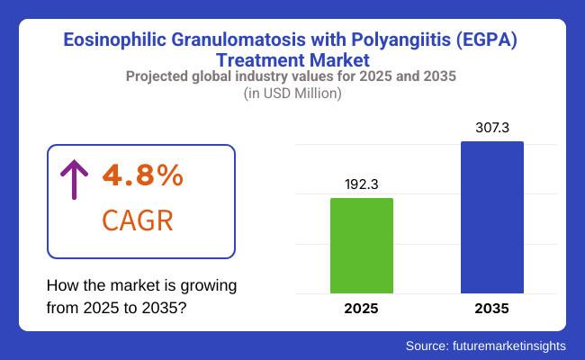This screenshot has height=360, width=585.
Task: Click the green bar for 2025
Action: click(x=362, y=246)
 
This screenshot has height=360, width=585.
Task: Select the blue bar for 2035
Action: click(x=492, y=217)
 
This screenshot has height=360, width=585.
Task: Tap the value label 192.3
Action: click(x=362, y=184)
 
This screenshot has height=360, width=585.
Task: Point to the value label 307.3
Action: click(x=492, y=128)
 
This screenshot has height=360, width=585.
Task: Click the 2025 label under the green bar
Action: click(x=361, y=309)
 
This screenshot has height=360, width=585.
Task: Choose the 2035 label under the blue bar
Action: click(x=491, y=309)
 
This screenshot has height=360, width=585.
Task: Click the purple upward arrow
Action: click(x=74, y=179)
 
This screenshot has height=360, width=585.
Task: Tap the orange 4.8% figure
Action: click(x=143, y=175)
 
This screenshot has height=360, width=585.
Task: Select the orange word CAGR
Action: click(x=138, y=220)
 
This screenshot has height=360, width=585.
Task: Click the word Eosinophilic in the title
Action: click(x=114, y=40)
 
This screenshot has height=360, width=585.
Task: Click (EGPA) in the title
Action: click(x=487, y=40)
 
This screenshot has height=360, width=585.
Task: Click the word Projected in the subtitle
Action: click(x=157, y=76)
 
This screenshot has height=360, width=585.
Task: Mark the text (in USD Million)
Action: click(x=292, y=94)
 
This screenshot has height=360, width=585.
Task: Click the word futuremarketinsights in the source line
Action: click(x=509, y=346)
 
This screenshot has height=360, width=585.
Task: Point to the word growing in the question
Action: click(x=209, y=286)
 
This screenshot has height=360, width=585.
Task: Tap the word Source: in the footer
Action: click(x=427, y=346)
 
